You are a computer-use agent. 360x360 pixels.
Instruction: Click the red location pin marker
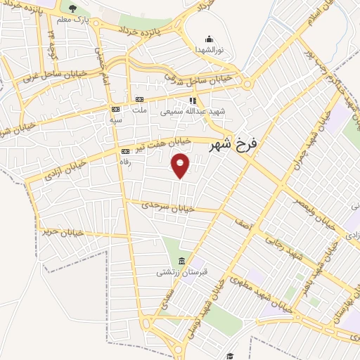181,165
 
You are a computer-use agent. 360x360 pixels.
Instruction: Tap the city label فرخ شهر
234,144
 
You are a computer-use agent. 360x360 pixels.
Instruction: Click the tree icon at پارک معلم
73,8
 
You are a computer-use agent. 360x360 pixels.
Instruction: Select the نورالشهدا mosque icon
208,39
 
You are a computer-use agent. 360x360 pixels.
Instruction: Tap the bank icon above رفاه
125,151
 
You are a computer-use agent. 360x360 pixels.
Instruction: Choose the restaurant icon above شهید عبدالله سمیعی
192,101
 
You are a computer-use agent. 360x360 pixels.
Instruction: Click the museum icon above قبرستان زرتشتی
181,261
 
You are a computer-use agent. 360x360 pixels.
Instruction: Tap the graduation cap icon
229,356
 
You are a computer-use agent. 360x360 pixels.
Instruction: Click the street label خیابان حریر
63,231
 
